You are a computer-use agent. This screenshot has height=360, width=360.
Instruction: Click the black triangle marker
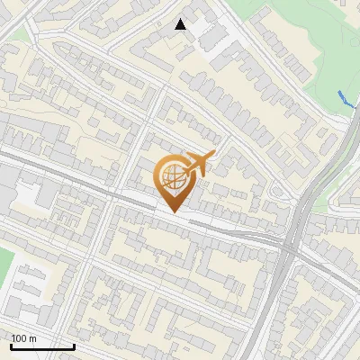pyautogui.click(x=181, y=24)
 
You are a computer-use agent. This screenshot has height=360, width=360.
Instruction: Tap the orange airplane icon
pyautogui.click(x=198, y=165)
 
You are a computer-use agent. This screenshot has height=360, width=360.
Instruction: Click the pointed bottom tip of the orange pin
pyautogui.click(x=175, y=212)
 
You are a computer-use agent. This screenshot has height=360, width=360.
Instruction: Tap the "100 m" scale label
pyautogui.click(x=23, y=338)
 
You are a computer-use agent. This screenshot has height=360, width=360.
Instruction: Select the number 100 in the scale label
pyautogui.click(x=19, y=338)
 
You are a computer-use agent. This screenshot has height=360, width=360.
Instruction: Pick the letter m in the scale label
pyautogui.click(x=32, y=339)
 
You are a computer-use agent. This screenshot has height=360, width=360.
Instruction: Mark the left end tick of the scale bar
pyautogui.click(x=11, y=346)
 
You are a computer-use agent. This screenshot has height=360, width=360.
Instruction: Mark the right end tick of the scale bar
pyautogui.click(x=74, y=346)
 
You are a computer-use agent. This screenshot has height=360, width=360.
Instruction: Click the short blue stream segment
pyautogui.click(x=346, y=101)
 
